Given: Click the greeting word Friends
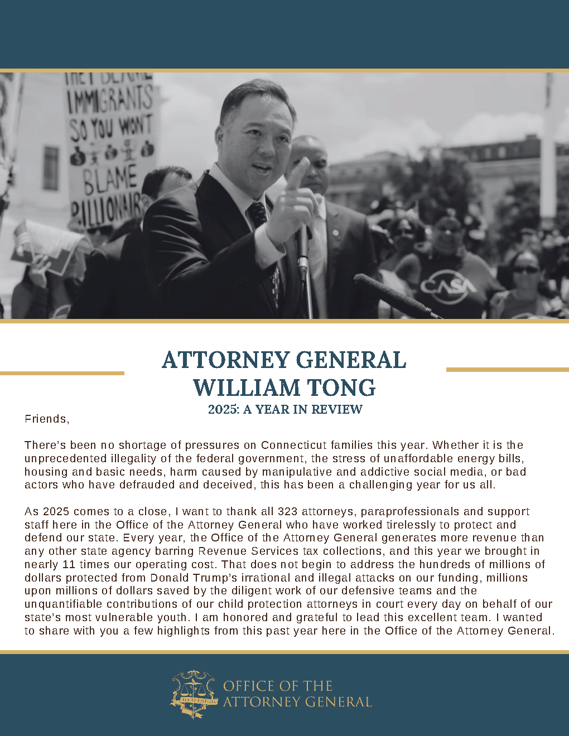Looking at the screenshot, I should pyautogui.click(x=46, y=419).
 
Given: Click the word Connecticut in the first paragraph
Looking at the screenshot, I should pyautogui.click(x=293, y=445).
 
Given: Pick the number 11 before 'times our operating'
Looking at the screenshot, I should pyautogui.click(x=69, y=564).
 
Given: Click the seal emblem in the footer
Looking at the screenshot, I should pyautogui.click(x=193, y=694).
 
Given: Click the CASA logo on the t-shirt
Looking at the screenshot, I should pyautogui.click(x=448, y=287).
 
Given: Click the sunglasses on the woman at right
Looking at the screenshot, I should pyautogui.click(x=525, y=270).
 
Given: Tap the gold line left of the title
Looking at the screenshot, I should pyautogui.click(x=62, y=373).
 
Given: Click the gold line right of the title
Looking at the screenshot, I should pyautogui.click(x=507, y=369).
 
